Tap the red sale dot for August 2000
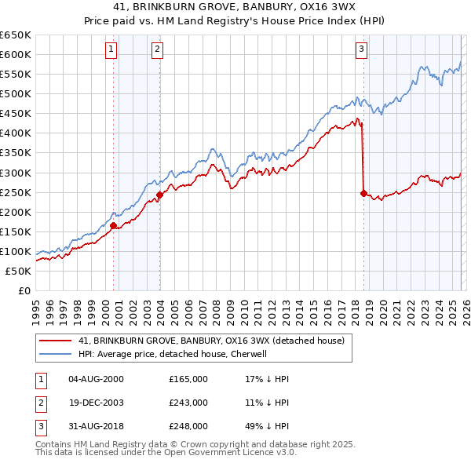click(x=114, y=226)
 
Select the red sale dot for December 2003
click(x=160, y=195)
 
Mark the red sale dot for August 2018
click(x=363, y=193)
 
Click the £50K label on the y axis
click(x=18, y=271)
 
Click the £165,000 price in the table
click(x=188, y=379)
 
